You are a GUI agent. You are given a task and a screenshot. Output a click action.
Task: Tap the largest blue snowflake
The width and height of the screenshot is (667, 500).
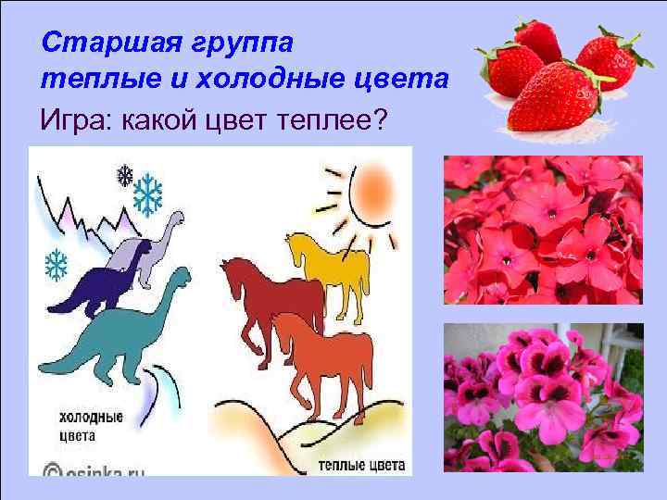pos(148,194)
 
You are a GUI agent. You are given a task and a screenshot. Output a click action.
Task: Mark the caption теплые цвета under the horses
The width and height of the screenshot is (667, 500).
pos(359,464)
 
